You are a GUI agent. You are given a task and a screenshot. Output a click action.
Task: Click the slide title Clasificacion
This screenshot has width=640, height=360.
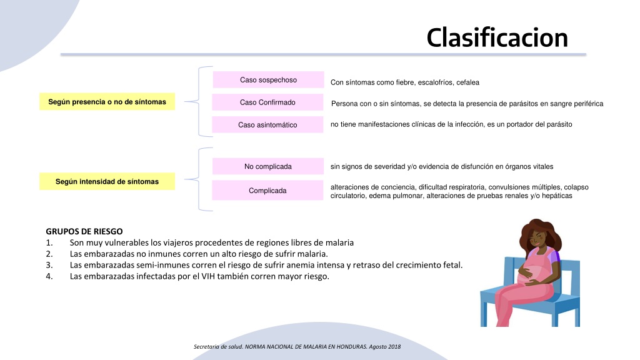(497, 37)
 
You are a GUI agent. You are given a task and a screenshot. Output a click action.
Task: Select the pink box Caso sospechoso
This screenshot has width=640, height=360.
(268, 79)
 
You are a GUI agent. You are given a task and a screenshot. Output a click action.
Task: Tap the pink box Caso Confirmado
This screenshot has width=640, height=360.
(267, 102)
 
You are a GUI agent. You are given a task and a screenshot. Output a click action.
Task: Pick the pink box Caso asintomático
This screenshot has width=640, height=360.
(267, 124)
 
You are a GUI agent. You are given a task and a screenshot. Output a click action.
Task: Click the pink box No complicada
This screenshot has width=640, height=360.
(267, 166)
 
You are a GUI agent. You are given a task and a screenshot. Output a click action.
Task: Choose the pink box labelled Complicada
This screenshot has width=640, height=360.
(267, 190)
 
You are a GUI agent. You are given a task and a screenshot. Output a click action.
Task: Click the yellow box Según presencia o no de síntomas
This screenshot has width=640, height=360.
(107, 102)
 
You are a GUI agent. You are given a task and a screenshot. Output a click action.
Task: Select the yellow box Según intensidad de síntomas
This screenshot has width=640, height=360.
(107, 181)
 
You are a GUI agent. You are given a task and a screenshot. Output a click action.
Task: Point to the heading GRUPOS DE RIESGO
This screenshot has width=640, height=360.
(84, 231)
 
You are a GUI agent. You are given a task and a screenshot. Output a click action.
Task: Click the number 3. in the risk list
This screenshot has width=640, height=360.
(49, 265)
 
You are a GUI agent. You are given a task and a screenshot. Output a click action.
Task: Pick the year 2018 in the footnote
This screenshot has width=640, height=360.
(394, 346)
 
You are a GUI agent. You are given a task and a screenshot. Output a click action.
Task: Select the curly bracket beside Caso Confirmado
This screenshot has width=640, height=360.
(199, 101)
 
